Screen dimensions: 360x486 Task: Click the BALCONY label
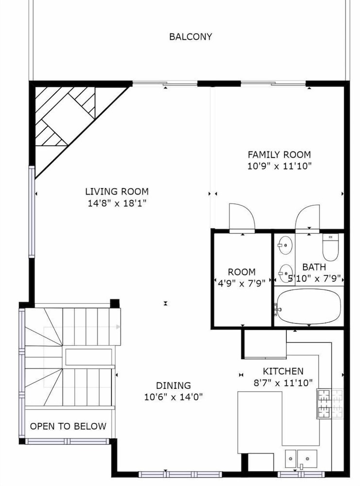coord(190,36)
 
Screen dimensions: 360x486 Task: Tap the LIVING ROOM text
coord(117,191)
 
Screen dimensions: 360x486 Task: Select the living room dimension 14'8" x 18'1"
coord(117,203)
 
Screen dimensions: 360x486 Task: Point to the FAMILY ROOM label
coord(279,155)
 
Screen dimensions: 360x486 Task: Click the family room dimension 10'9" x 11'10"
coord(279,166)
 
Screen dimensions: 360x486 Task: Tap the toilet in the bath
coord(330,247)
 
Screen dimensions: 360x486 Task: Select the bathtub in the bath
coord(309,306)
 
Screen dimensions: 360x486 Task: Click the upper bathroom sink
coord(285,245)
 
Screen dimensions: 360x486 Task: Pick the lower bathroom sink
coord(285,273)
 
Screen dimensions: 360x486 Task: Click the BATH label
coord(314,267)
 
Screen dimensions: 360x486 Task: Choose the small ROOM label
coord(241,272)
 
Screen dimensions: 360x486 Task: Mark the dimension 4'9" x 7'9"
coord(241,283)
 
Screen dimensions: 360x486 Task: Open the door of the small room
coord(242,218)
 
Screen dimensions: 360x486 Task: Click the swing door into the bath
coord(307,218)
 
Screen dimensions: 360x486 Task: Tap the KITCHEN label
coord(283,371)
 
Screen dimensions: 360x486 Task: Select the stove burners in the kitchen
coord(330,403)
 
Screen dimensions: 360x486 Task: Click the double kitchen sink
coord(301,459)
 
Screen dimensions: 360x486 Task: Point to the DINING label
coord(173,385)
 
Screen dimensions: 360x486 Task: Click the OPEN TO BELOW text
coord(68,426)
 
